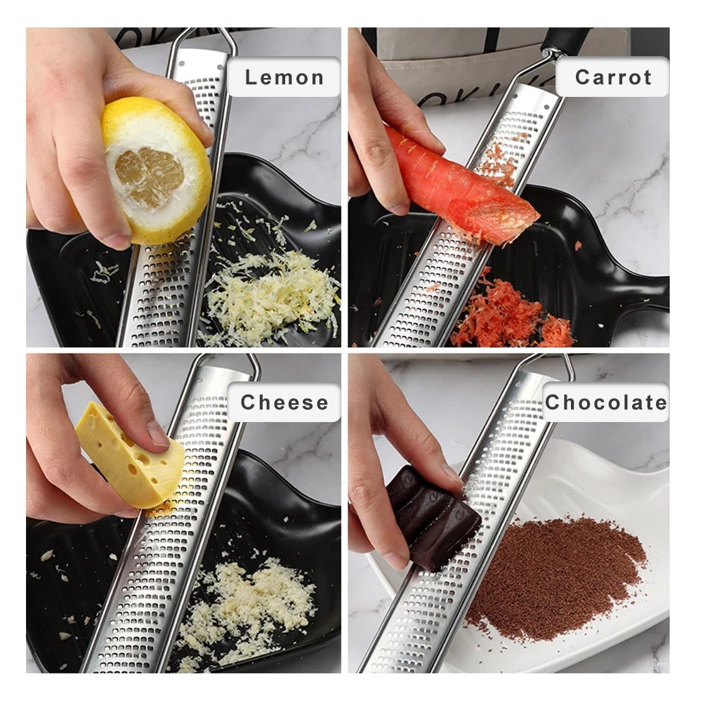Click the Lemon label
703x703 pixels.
284,77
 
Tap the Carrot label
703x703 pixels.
612,77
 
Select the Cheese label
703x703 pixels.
284,402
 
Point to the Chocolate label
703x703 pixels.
605,402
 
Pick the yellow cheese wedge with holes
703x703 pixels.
130,456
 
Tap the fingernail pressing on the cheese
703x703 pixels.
158,434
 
